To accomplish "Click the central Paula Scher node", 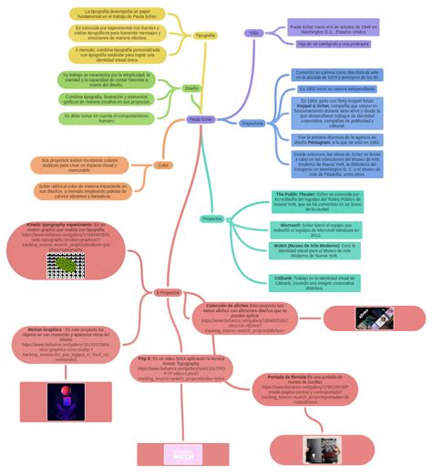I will pyautogui.click(x=201, y=119).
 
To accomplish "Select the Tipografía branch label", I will pyautogui.click(x=206, y=35).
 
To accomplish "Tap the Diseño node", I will pyautogui.click(x=191, y=88).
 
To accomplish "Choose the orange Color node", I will pyautogui.click(x=163, y=165).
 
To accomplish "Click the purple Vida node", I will pyautogui.click(x=254, y=32).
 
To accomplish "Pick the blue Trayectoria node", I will pyautogui.click(x=252, y=123).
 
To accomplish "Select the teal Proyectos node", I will pyautogui.click(x=212, y=218).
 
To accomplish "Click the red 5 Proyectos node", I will pyautogui.click(x=168, y=292).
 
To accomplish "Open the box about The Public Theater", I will pyautogui.click(x=314, y=201).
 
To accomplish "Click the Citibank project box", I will pyautogui.click(x=314, y=282).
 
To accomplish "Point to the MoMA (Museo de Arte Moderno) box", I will pyautogui.click(x=314, y=250).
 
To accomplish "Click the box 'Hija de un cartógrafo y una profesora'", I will pyautogui.click(x=333, y=44).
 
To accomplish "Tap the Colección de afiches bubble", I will pyautogui.click(x=245, y=318).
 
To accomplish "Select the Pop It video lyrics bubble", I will pyautogui.click(x=180, y=368).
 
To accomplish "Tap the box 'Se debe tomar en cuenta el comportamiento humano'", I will pyautogui.click(x=107, y=117).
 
